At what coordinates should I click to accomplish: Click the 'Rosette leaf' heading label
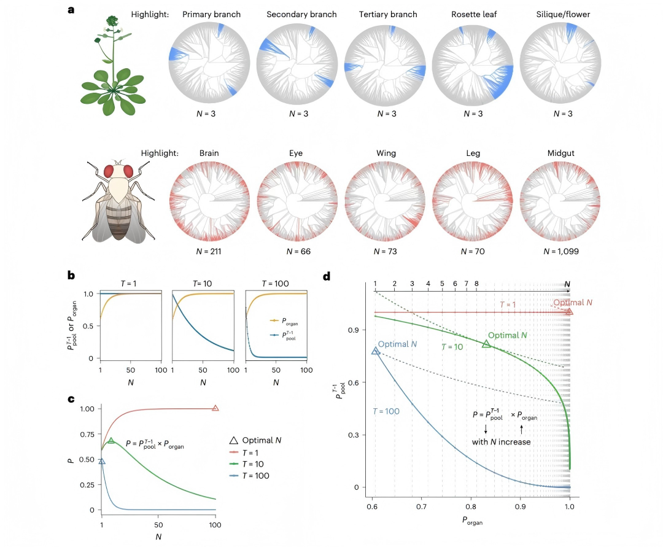473,14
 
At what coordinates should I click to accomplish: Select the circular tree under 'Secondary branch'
297,63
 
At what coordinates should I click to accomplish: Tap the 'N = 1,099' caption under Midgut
560,252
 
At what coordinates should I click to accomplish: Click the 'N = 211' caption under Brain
209,252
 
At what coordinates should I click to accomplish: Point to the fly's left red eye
109,171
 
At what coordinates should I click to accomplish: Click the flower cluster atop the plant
112,21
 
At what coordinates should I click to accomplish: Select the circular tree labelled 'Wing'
385,201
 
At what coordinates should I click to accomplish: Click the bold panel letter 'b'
71,275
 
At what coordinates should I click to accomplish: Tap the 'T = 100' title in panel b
275,284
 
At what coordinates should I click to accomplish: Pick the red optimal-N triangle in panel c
215,408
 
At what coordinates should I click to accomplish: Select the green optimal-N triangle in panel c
110,440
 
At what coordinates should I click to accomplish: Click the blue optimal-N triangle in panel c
101,461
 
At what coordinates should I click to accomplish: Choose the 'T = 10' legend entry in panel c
247,464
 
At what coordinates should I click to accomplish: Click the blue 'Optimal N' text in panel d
397,344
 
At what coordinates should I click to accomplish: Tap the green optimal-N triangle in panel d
486,344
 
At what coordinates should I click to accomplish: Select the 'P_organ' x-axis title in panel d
472,521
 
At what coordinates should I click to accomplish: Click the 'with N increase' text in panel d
501,442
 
